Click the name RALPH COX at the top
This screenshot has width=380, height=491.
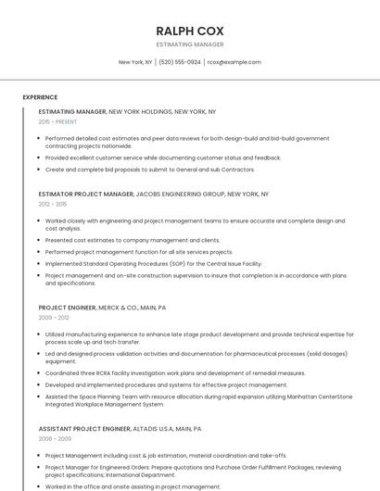190,31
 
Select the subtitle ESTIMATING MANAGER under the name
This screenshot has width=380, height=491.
190,44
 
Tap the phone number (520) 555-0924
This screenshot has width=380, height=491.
180,62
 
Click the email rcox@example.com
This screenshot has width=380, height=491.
234,62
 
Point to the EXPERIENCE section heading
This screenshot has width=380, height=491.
40,97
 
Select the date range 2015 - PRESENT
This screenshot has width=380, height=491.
57,121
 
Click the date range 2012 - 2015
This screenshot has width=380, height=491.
53,204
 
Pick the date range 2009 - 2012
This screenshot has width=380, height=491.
53,317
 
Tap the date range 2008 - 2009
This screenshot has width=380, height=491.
53,438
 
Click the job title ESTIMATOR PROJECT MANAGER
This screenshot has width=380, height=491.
86,195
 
